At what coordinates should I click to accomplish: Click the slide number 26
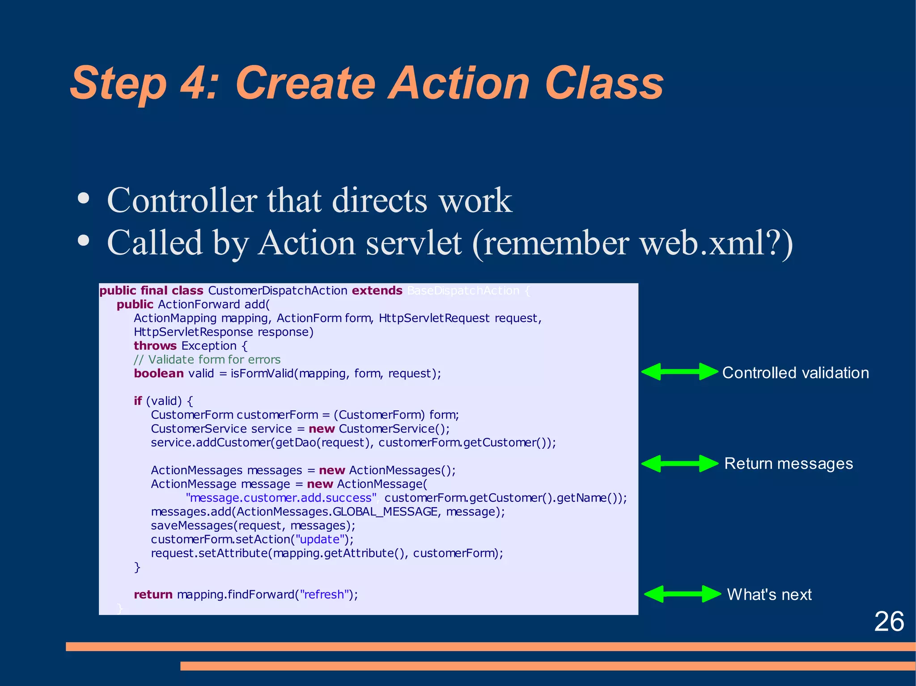click(889, 622)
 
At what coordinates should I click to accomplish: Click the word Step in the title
click(119, 84)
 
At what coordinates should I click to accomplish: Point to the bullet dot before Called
click(84, 241)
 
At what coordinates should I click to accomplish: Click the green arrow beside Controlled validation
click(680, 372)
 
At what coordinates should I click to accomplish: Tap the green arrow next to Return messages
click(680, 463)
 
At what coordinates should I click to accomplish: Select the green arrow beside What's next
click(682, 594)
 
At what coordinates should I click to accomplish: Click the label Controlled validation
click(795, 373)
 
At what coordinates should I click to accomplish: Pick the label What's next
click(769, 594)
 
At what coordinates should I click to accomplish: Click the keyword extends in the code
click(377, 290)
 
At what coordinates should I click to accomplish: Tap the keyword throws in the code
click(155, 346)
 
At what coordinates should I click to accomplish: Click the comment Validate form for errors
click(207, 360)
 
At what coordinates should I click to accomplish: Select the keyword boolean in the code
click(159, 374)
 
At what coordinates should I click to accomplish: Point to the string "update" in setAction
click(319, 539)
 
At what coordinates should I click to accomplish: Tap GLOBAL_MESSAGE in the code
click(385, 512)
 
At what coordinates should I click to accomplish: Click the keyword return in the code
click(153, 594)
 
